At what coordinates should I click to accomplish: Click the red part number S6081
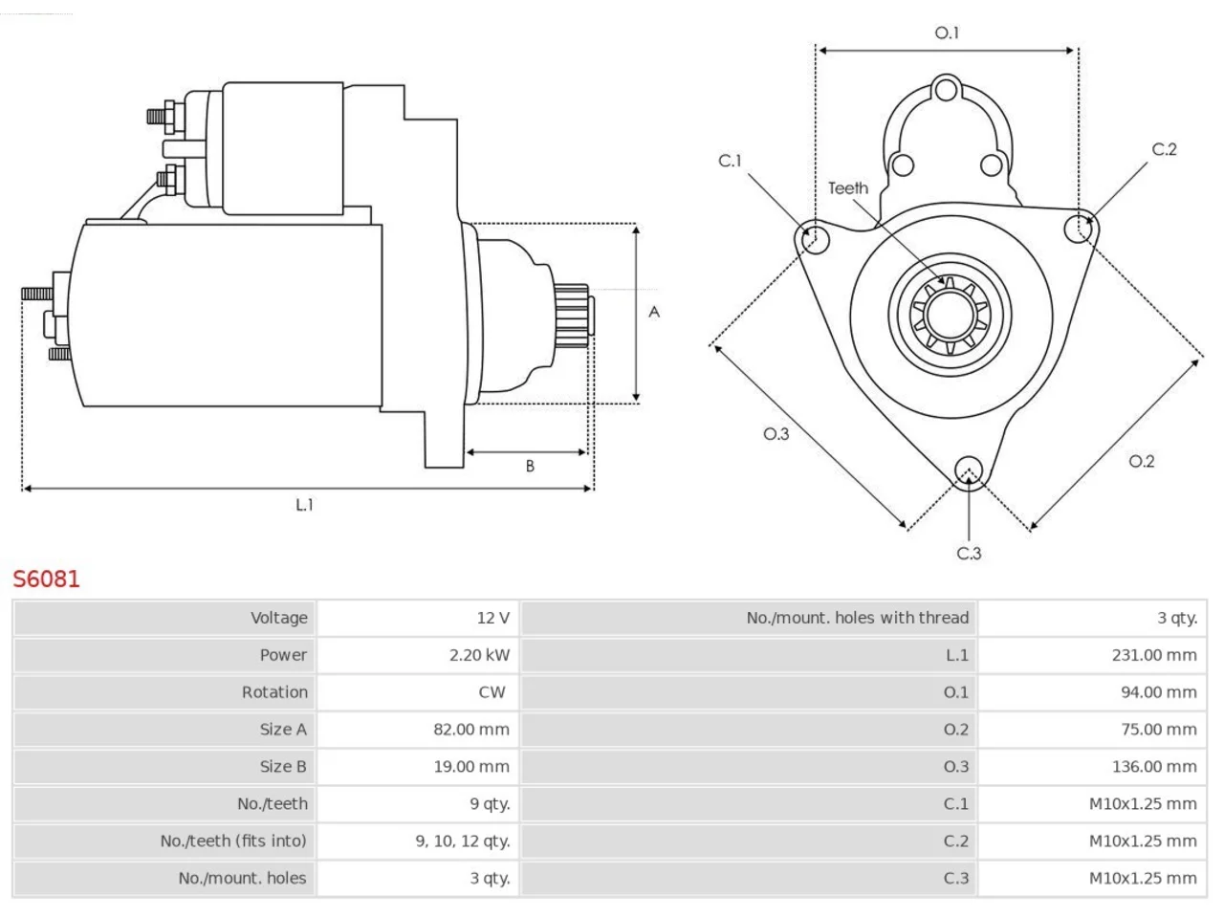(x=46, y=579)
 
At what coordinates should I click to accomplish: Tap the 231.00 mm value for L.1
(x=1154, y=655)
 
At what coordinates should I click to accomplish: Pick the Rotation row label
(x=274, y=692)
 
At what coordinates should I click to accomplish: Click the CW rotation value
(x=492, y=692)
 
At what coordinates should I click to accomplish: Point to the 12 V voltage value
(x=492, y=618)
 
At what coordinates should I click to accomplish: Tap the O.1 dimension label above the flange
(x=947, y=33)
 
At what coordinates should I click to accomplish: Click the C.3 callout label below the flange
(x=970, y=554)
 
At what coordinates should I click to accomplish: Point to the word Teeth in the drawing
(x=847, y=188)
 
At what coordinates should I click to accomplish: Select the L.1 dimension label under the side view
(x=304, y=505)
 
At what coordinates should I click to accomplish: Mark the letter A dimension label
(x=654, y=312)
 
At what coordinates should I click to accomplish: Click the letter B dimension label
(x=530, y=466)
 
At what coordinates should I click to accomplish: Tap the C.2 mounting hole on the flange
(x=1079, y=229)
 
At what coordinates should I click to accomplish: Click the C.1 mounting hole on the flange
(x=816, y=240)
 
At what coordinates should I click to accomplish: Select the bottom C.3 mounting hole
(x=969, y=471)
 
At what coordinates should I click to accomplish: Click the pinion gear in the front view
(x=950, y=316)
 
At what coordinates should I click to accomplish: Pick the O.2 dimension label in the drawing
(x=1142, y=462)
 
